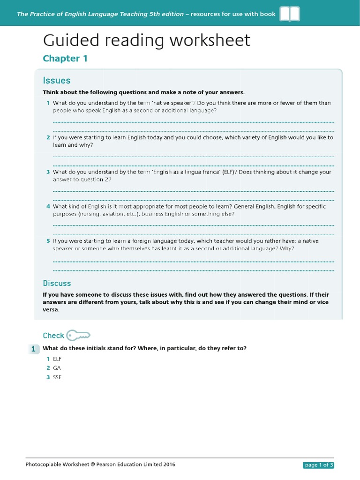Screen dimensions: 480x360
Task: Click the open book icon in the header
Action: pos(290,14)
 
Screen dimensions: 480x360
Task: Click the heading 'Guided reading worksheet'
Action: pos(147,41)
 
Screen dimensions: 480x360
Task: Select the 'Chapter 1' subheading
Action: pos(65,59)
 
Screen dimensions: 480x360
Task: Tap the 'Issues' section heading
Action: pos(57,81)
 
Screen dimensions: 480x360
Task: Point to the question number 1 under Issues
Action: pos(48,103)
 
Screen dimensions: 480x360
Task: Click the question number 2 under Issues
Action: pos(48,138)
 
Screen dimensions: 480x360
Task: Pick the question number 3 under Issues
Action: pos(48,172)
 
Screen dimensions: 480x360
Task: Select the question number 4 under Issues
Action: pos(48,207)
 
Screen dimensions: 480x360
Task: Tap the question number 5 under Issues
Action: pos(48,241)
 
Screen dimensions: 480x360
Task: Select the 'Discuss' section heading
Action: pos(57,283)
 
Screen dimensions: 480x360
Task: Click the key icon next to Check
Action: pos(78,336)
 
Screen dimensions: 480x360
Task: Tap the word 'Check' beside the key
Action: pos(53,336)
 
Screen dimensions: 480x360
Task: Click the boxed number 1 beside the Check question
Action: pos(33,349)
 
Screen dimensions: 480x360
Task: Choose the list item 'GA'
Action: pos(57,368)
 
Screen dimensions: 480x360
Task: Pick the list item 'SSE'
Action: pos(58,377)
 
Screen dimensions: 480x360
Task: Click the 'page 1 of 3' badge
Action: pos(318,465)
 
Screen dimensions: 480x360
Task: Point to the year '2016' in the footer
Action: pos(169,465)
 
